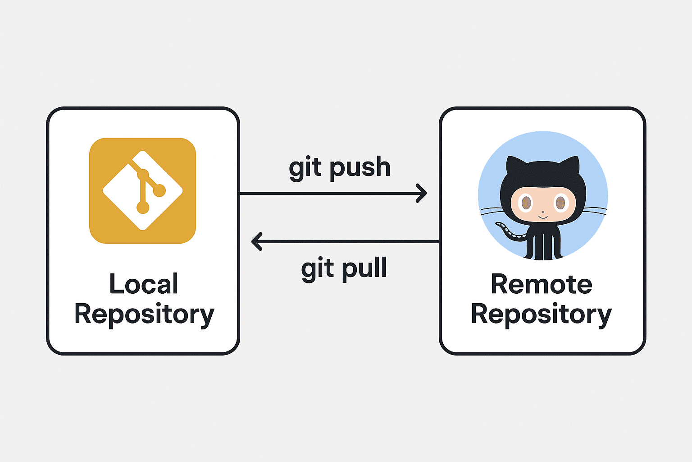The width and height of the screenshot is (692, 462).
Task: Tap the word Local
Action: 144,284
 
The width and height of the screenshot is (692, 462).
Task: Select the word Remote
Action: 541,284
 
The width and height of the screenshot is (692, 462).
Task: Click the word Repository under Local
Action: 144,314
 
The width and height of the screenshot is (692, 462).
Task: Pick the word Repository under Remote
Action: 541,314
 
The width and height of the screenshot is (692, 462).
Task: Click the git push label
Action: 339,168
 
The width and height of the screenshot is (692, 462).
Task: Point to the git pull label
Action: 344,269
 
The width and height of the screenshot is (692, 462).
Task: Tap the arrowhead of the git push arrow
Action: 422,193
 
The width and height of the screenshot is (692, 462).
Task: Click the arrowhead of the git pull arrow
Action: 256,241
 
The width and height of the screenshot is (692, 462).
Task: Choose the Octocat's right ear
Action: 572,165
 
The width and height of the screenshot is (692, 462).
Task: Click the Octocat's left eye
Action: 526,203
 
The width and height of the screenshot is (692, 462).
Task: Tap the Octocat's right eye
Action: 560,203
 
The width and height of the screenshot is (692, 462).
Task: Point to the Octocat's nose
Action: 543,212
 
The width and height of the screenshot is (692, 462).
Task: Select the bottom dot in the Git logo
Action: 143,207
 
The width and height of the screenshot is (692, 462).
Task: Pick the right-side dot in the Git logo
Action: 159,191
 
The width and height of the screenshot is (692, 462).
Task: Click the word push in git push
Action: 360,168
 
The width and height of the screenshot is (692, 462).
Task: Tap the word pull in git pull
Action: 364,269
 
